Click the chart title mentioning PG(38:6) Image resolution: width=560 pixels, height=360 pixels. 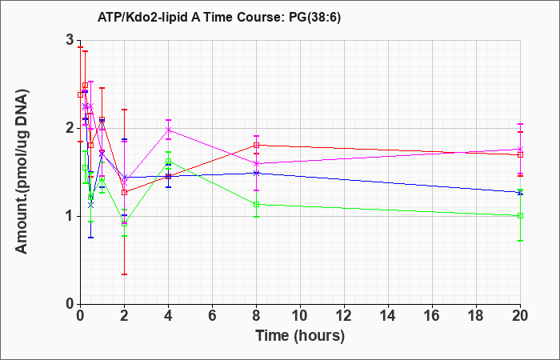tap(219, 17)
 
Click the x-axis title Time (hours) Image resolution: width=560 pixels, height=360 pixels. tap(300, 335)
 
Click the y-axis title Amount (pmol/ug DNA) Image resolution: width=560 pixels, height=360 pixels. tap(22, 171)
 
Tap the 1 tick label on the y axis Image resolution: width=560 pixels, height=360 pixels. tap(70, 216)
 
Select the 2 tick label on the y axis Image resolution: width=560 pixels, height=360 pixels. tap(70, 128)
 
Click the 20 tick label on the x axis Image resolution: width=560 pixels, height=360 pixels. tap(520, 316)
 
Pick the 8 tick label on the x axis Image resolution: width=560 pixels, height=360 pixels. tap(257, 316)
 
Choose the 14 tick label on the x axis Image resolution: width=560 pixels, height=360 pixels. tap(388, 316)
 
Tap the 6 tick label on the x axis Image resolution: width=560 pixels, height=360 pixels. tap(213, 316)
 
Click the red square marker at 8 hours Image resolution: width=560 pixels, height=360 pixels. tap(257, 145)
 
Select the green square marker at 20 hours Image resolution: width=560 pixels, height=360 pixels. tap(520, 216)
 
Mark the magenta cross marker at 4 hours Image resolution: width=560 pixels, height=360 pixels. tap(169, 130)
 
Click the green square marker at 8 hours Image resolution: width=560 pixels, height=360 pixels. tap(257, 204)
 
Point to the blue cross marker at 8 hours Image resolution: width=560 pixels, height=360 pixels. tap(257, 174)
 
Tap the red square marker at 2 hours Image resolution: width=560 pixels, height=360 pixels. tap(124, 192)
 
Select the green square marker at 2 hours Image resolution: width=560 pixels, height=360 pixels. tap(124, 223)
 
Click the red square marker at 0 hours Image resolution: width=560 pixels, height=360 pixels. tap(80, 94)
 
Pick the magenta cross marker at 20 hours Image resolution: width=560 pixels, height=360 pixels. tap(520, 149)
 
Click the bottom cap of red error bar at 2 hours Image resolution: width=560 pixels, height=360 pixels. tap(124, 274)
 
